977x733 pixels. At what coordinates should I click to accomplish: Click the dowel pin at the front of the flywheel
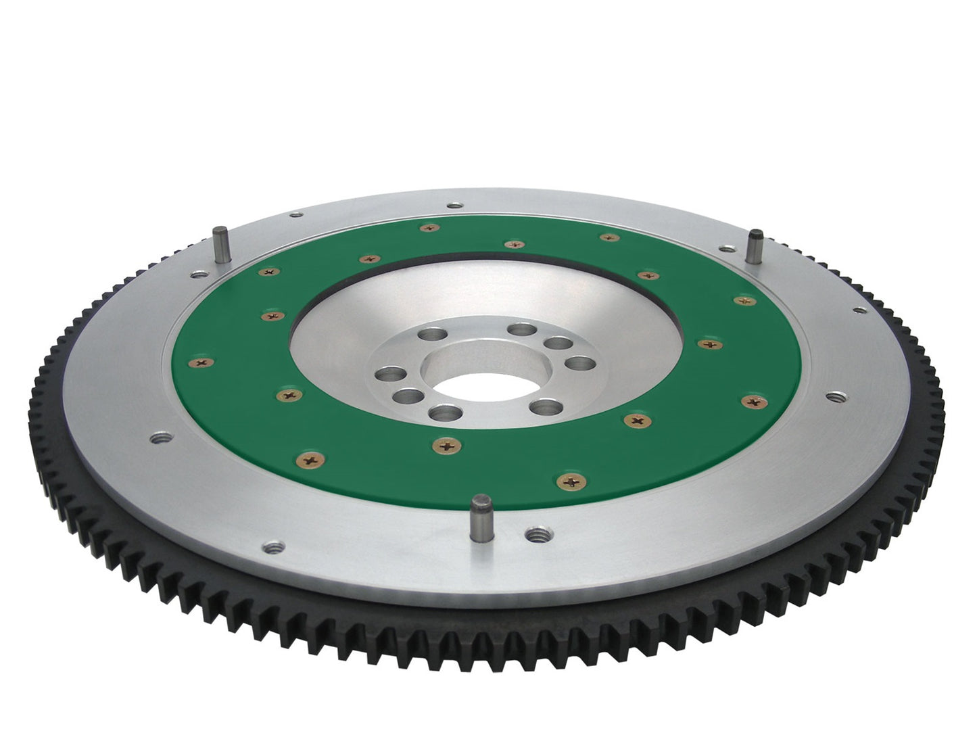[x=481, y=506]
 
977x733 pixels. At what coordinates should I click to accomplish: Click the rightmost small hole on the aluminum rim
[x=859, y=311]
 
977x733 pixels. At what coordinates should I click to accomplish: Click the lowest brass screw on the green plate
[x=566, y=480]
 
